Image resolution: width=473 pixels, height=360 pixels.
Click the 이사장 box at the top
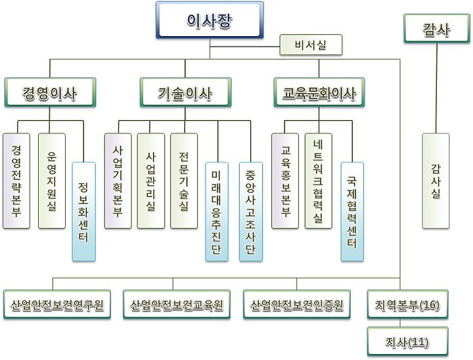click(210, 20)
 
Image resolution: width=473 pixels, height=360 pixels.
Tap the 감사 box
click(437, 30)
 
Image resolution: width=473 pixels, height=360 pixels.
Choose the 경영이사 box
click(50, 93)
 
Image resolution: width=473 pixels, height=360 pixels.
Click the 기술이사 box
click(185, 93)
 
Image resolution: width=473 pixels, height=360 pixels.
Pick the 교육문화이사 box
click(319, 93)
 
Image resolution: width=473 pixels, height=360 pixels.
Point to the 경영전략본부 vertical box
click(16, 181)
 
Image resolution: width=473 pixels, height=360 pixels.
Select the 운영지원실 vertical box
click(51, 181)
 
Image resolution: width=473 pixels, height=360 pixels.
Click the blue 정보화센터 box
click(84, 211)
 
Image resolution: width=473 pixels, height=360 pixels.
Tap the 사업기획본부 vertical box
click(118, 181)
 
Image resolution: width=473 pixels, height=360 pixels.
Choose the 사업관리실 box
click(151, 181)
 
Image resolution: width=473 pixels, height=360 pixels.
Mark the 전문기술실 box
click(184, 181)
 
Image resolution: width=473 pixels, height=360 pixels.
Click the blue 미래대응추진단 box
click(217, 211)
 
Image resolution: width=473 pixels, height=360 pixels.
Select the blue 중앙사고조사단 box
click(251, 211)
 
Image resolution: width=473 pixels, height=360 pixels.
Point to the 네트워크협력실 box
click(319, 181)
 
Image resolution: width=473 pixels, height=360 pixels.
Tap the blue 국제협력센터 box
click(351, 211)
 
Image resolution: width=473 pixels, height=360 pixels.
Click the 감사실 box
click(436, 181)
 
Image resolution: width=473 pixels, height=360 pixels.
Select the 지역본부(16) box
click(407, 305)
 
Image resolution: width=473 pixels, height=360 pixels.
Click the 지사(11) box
click(407, 342)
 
